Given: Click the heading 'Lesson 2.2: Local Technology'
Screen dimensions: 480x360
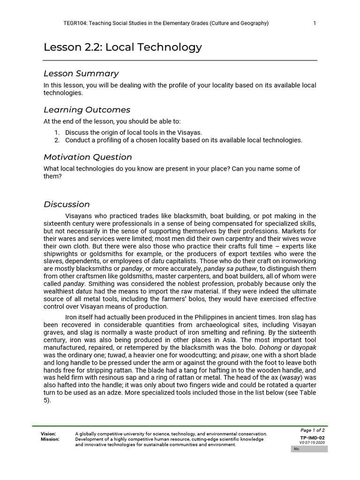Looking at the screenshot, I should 123,47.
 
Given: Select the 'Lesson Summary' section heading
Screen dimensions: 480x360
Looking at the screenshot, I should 81,74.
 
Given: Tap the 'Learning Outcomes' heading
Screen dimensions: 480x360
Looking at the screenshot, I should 87,110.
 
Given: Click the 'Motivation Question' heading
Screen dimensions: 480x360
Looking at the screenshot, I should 88,157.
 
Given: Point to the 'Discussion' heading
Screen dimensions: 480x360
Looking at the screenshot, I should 67,204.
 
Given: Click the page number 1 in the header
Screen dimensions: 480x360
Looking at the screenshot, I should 315,23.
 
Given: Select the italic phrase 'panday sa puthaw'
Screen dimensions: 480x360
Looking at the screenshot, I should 229,269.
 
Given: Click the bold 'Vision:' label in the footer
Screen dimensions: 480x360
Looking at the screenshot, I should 48,434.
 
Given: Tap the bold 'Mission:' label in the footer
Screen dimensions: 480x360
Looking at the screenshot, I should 50,439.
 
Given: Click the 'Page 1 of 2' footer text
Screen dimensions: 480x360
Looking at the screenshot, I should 313,430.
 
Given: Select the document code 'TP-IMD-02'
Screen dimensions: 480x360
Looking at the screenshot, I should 312,438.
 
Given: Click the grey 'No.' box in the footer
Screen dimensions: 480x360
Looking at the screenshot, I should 309,449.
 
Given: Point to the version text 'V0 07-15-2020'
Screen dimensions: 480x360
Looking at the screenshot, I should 312,443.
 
